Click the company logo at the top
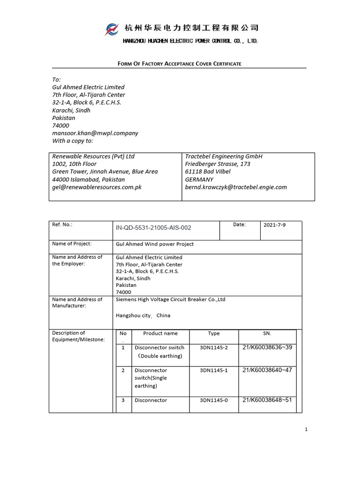[x=113, y=29]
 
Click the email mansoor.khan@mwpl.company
[x=95, y=133]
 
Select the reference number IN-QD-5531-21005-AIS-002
[x=153, y=228]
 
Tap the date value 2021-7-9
[x=275, y=225]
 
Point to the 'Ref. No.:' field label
[x=62, y=225]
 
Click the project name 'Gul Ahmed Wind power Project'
[x=155, y=244]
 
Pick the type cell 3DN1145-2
[x=213, y=348]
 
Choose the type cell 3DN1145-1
[x=213, y=370]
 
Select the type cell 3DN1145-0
[x=213, y=401]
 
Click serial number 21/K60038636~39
[x=267, y=347]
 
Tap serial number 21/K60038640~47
[x=267, y=370]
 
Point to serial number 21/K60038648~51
[x=267, y=400]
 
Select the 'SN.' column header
[x=267, y=334]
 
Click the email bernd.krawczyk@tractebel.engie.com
[x=236, y=187]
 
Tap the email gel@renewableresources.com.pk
[x=97, y=187]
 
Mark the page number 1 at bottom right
[x=306, y=429]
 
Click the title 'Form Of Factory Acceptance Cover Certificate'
[x=179, y=63]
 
